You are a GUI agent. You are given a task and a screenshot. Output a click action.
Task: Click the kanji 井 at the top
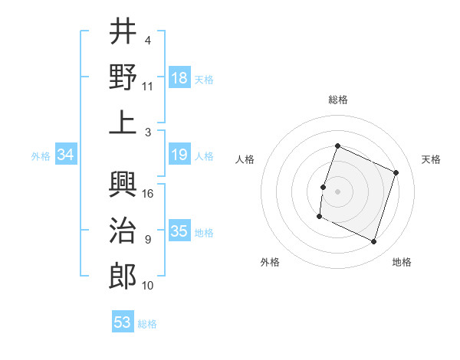coord(123,32)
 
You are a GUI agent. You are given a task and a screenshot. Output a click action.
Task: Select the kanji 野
coord(123,77)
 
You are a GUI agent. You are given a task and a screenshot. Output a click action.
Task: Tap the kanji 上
coord(123,123)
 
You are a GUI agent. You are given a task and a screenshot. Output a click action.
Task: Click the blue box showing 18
coord(179,77)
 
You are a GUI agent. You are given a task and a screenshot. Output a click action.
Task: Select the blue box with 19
coord(179,155)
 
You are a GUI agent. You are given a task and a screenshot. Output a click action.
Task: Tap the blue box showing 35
coord(179,231)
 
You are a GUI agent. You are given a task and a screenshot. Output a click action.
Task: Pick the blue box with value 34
coord(66,155)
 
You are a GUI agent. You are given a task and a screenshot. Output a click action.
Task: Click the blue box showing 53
coord(123,322)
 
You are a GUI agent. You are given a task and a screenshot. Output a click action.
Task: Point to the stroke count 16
coord(149,193)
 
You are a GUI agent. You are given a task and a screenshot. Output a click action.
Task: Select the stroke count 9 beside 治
coord(148,239)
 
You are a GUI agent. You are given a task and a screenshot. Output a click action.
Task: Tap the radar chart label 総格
coord(338,100)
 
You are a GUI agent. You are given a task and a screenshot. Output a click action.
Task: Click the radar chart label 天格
coord(431,159)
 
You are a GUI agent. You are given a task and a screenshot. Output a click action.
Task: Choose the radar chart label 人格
coord(245,159)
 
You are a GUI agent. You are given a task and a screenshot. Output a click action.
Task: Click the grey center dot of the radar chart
coord(337,191)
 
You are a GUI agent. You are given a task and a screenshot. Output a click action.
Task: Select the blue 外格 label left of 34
coord(40,156)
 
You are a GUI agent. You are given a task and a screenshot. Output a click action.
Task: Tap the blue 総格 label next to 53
coord(148,324)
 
